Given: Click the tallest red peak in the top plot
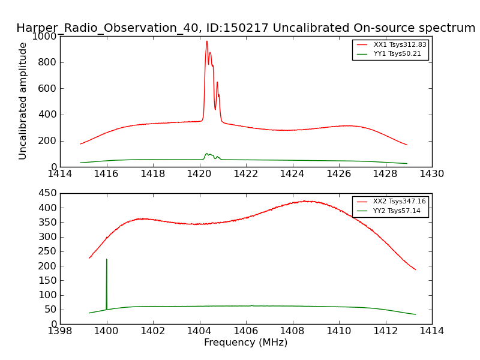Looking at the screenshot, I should click(206, 41).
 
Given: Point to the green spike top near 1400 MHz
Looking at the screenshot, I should click(107, 259).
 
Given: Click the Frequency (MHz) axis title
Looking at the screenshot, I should click(245, 343).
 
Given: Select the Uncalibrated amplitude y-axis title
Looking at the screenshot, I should click(23, 101).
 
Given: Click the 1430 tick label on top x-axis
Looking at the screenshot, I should click(431, 174).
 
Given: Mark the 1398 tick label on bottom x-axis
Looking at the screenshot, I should click(60, 331).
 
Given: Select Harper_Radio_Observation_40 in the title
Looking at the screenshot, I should click(89, 28).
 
